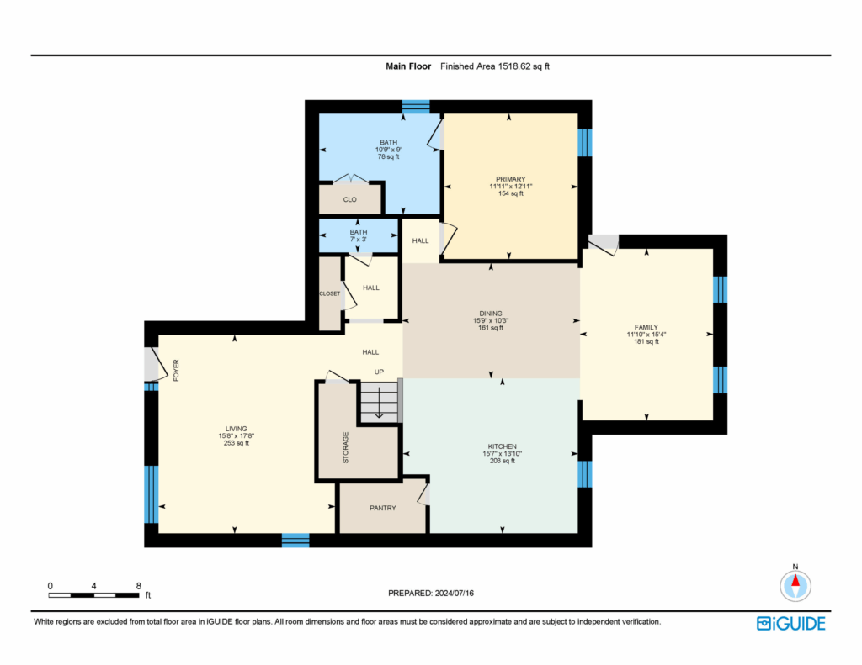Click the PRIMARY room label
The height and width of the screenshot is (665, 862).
click(x=511, y=179)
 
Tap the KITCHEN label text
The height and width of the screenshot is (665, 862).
click(x=502, y=446)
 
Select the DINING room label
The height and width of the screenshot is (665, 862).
click(x=491, y=314)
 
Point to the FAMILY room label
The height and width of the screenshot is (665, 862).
click(x=646, y=327)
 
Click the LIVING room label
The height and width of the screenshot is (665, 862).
click(x=236, y=429)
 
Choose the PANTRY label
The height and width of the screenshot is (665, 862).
click(x=383, y=508)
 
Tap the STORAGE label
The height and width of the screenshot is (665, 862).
click(x=346, y=447)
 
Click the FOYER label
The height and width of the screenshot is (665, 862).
click(x=177, y=371)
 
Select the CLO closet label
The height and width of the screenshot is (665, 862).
click(x=349, y=199)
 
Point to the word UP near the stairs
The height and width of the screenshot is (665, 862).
click(x=379, y=372)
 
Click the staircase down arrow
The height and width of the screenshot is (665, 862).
click(x=379, y=403)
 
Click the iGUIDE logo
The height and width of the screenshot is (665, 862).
click(x=790, y=624)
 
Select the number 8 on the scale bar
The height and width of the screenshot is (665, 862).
click(x=139, y=586)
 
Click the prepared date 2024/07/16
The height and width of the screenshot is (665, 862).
click(x=454, y=593)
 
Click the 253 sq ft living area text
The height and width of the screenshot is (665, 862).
click(x=236, y=443)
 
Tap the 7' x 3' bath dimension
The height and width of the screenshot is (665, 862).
click(x=359, y=240)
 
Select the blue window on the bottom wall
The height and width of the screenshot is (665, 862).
click(x=295, y=541)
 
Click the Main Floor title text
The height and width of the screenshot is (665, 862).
click(x=408, y=66)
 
